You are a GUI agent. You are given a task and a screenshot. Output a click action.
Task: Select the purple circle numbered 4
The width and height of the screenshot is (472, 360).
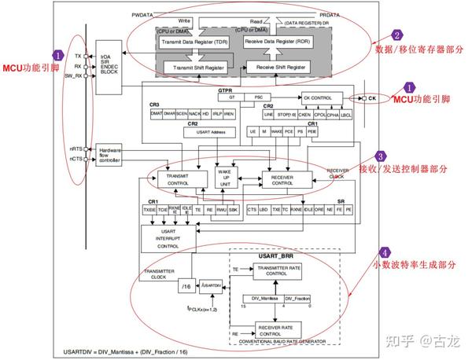[384, 253]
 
